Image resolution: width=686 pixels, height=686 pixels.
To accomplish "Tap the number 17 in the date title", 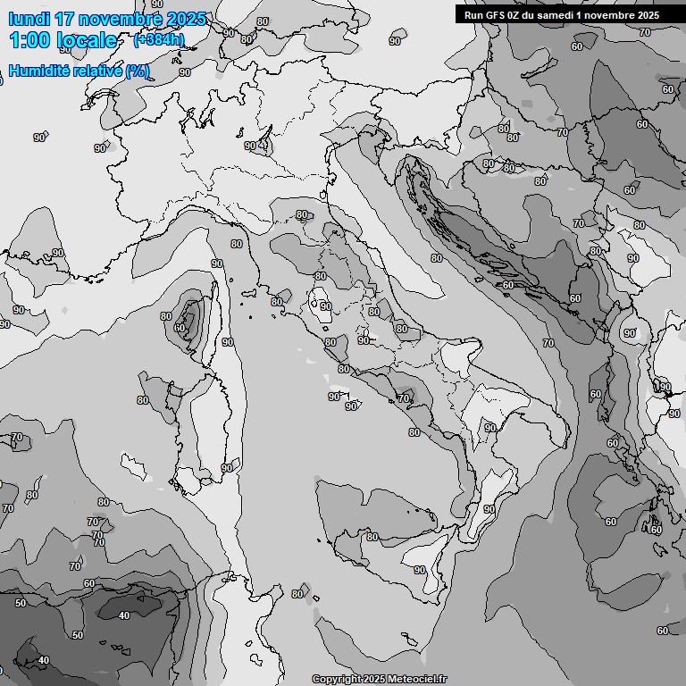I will pyautogui.click(x=64, y=19).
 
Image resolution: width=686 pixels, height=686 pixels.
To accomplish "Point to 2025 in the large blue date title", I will pyautogui.click(x=187, y=19).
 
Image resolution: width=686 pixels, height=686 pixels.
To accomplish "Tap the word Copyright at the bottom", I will pyautogui.click(x=337, y=679).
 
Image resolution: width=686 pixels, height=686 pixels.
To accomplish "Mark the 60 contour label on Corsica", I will pyautogui.click(x=181, y=328).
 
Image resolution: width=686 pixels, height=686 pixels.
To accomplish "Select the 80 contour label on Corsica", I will pyautogui.click(x=165, y=316).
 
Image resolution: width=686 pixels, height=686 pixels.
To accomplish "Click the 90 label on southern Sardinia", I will pyautogui.click(x=227, y=468).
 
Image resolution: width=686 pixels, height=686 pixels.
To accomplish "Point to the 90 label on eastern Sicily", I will pyautogui.click(x=419, y=570).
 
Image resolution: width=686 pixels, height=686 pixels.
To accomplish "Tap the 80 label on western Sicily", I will pyautogui.click(x=372, y=537).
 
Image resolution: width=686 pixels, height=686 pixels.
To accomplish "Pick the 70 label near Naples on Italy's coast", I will pyautogui.click(x=405, y=398).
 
